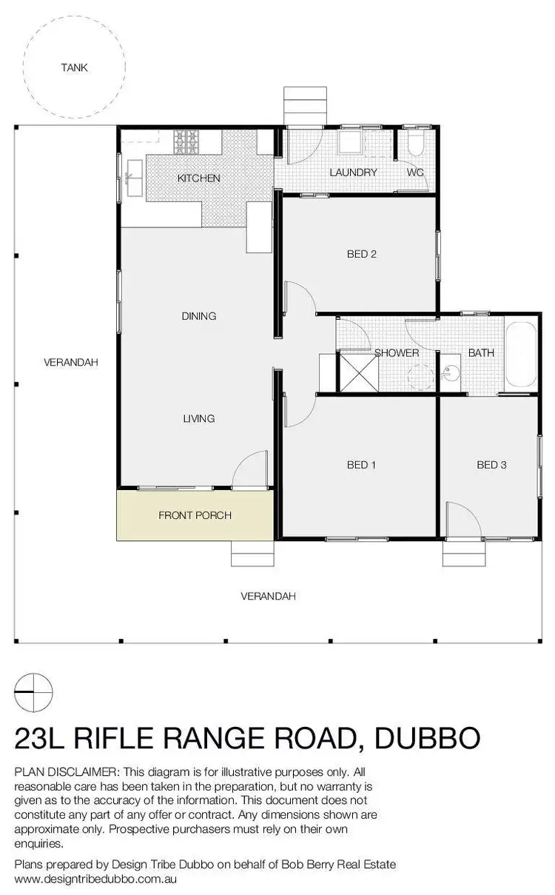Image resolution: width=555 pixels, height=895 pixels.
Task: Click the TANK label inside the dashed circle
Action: click(x=74, y=67)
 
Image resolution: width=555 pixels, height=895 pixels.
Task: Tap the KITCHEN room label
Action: click(x=198, y=178)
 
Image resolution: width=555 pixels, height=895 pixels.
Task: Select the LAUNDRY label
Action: click(x=353, y=172)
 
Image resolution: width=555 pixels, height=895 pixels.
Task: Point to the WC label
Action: click(x=414, y=172)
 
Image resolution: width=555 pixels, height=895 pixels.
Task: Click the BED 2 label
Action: click(x=362, y=254)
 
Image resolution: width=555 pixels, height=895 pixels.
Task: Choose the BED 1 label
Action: click(x=362, y=465)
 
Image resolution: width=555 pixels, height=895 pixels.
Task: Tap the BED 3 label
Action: click(x=491, y=465)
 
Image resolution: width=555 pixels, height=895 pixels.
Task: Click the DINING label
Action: click(x=198, y=316)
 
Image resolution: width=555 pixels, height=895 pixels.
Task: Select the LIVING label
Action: click(x=198, y=418)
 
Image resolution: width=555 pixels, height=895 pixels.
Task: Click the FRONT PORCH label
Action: click(x=195, y=515)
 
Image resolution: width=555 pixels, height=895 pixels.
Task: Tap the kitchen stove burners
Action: click(x=186, y=140)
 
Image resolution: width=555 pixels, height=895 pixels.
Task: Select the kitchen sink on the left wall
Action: click(x=135, y=175)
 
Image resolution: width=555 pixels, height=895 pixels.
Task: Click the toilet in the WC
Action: click(x=415, y=142)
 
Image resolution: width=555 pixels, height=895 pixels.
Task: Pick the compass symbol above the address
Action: click(x=33, y=691)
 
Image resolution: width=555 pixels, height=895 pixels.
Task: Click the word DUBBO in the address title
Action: click(x=428, y=738)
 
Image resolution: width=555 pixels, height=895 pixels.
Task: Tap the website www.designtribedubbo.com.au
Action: click(x=96, y=879)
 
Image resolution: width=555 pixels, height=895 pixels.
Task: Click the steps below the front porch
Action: click(x=252, y=553)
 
